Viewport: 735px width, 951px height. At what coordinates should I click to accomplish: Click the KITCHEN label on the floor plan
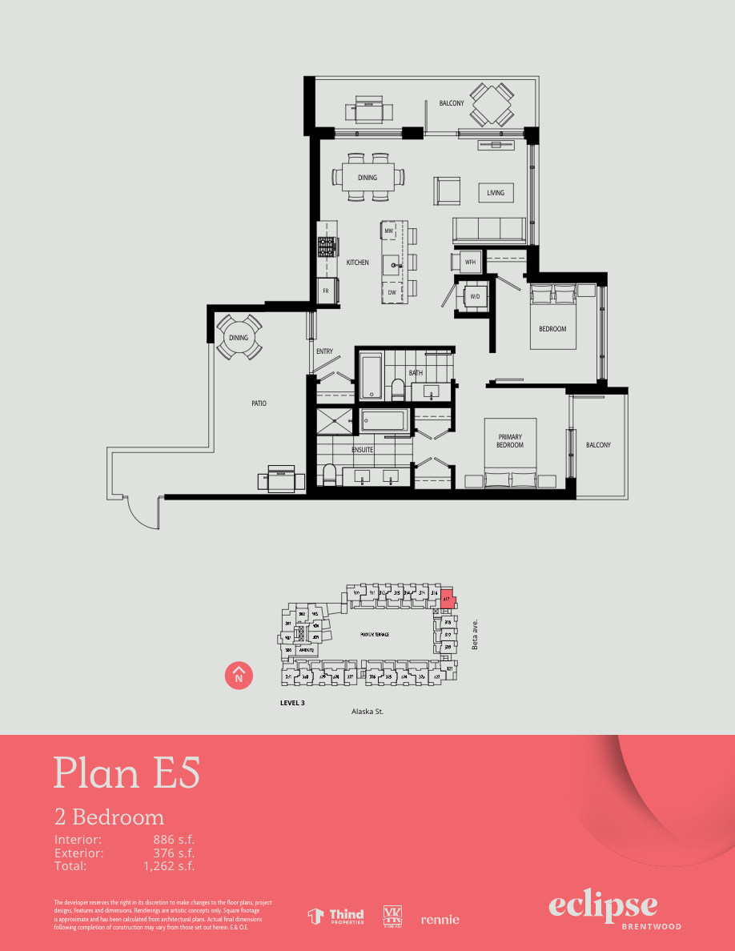[357, 263]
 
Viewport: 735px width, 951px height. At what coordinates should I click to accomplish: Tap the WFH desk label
[471, 262]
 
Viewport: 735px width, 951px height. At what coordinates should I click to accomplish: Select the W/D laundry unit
[475, 297]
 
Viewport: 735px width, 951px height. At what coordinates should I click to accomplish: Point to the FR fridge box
[326, 291]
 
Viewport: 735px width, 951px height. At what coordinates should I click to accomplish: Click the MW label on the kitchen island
[389, 231]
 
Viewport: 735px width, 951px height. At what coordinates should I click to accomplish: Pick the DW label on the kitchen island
[392, 293]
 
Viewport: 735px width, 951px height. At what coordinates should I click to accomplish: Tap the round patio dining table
[239, 338]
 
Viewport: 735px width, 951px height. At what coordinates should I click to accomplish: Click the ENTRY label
[324, 351]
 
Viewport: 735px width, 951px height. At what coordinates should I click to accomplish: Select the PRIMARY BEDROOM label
[510, 441]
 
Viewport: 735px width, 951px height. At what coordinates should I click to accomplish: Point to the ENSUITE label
[363, 450]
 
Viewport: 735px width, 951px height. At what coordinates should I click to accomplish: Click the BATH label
[416, 373]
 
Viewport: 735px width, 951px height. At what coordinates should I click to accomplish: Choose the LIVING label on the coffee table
[496, 193]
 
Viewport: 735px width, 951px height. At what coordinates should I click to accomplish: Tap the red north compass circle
[239, 676]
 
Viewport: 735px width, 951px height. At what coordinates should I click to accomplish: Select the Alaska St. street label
[369, 711]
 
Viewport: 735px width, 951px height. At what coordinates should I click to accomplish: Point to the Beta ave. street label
[475, 633]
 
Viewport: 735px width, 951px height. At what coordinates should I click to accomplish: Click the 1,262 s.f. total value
[169, 865]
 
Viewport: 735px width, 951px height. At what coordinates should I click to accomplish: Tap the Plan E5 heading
[127, 772]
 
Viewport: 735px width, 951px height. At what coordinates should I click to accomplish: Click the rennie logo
[440, 920]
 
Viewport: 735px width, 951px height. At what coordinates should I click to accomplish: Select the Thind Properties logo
[336, 917]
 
